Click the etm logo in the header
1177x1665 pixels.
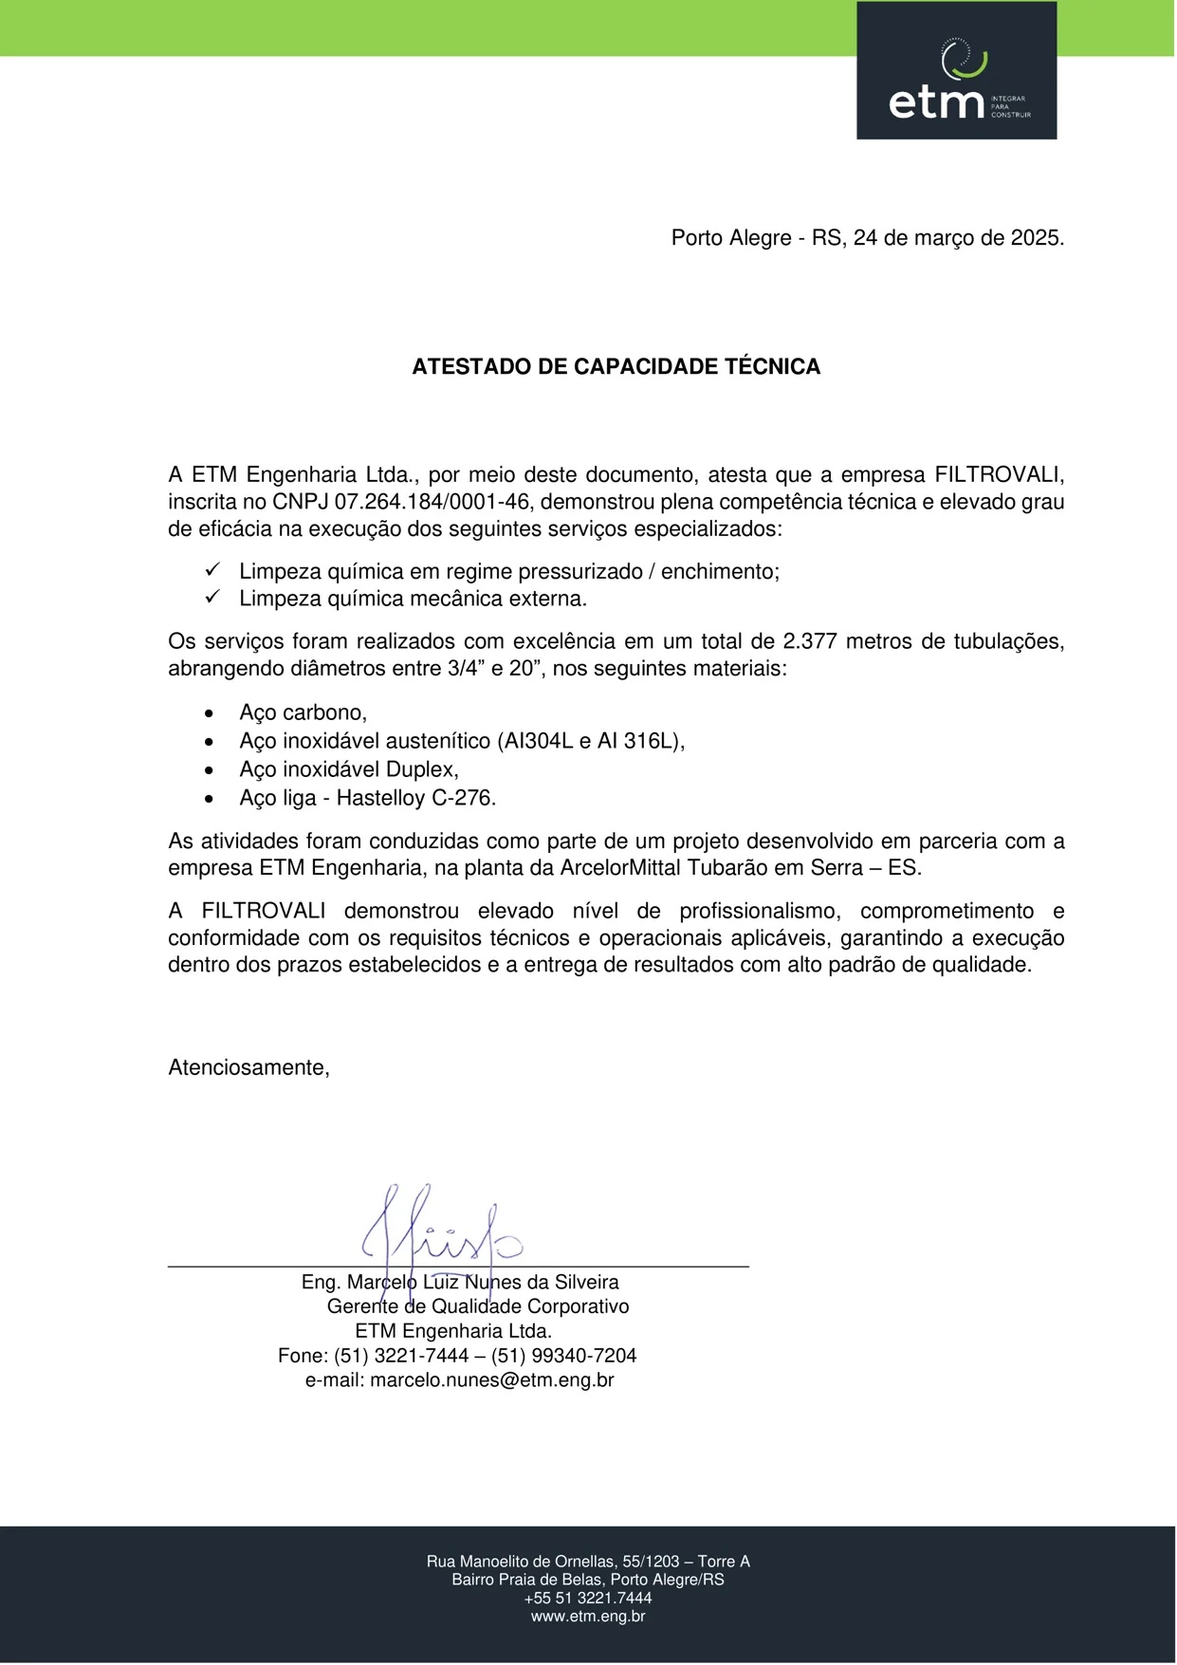click(x=956, y=71)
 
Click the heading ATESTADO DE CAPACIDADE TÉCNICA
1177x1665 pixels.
click(x=616, y=367)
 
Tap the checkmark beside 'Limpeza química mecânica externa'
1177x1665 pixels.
click(x=212, y=597)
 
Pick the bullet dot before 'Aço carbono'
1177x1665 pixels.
click(x=210, y=713)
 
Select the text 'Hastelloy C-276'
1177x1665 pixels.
click(x=415, y=798)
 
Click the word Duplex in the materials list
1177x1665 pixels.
click(x=421, y=769)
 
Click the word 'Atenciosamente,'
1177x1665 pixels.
click(x=248, y=1068)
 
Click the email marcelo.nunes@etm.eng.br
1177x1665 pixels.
click(x=491, y=1380)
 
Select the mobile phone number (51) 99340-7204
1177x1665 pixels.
click(x=563, y=1356)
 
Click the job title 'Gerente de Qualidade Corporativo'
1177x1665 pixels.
click(x=478, y=1306)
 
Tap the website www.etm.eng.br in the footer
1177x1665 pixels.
click(x=588, y=1617)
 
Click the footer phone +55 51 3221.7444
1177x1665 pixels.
click(x=588, y=1599)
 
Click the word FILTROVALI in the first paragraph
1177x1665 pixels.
click(x=999, y=475)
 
